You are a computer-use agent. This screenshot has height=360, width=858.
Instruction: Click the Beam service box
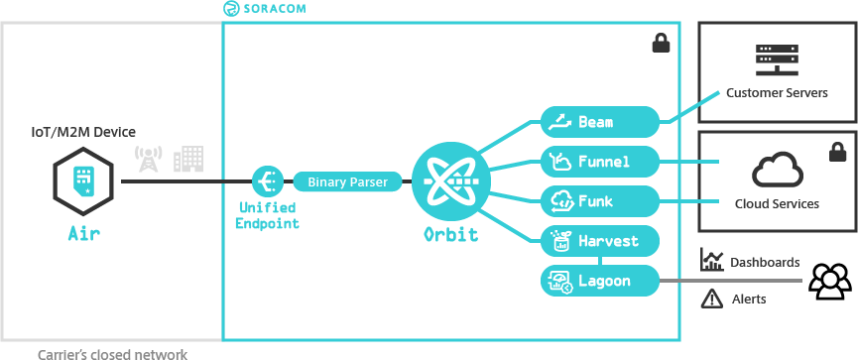click(600, 122)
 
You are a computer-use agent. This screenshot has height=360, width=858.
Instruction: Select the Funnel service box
click(600, 160)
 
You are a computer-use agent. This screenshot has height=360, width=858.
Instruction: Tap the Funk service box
click(600, 201)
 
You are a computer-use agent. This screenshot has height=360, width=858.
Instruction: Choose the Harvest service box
click(600, 241)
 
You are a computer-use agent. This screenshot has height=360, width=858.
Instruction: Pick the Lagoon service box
click(600, 281)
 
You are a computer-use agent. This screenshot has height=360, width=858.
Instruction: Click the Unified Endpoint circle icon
click(267, 181)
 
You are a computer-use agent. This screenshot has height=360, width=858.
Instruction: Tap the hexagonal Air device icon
click(84, 182)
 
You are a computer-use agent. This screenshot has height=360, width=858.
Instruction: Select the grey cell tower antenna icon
click(148, 159)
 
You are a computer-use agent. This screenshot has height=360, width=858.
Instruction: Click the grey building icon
click(187, 157)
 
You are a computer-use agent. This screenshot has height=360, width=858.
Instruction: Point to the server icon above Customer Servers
click(777, 60)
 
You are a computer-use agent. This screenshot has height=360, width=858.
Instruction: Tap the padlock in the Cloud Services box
click(836, 153)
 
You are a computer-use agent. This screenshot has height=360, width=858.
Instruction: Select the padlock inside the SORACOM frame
click(660, 43)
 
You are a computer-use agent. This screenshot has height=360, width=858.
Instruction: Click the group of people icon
click(830, 281)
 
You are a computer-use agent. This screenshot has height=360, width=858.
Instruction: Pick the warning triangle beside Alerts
click(711, 298)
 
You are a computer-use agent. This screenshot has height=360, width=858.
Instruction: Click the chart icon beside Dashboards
click(711, 261)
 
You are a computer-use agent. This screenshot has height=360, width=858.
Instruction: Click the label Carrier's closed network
click(111, 353)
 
